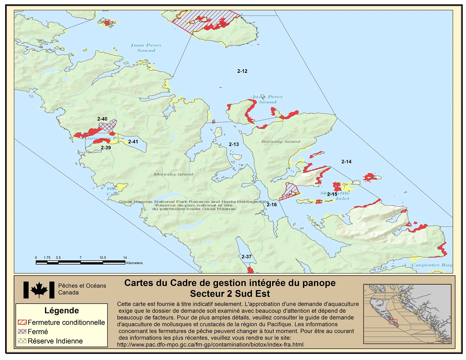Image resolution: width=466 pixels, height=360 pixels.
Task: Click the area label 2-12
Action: point(242,71)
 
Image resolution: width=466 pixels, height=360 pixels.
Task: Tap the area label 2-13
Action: point(234,144)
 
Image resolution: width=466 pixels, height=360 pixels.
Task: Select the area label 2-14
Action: point(346,162)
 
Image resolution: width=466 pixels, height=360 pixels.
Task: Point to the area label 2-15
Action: point(332,194)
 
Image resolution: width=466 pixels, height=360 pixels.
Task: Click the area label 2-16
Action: point(272,204)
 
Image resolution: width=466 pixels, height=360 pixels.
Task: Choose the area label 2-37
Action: point(246,257)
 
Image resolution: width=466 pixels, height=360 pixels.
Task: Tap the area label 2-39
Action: point(106,147)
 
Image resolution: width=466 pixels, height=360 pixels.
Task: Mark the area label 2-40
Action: point(102,119)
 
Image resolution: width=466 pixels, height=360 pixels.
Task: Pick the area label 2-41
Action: point(133,142)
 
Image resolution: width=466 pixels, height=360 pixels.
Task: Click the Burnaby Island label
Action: point(281,142)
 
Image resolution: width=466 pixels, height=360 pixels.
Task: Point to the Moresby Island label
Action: point(174,174)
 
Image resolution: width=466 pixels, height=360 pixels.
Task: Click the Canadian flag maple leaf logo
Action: point(39,290)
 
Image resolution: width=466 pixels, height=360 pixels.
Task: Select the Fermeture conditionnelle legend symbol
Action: point(22,322)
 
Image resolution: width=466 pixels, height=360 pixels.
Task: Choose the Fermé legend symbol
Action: point(22,332)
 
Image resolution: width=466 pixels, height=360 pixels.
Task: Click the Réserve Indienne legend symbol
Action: point(22,341)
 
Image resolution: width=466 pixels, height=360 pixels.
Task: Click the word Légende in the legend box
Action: point(62,311)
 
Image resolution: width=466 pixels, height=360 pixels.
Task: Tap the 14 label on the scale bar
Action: point(125,257)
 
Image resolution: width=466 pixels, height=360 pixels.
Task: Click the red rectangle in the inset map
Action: point(393,321)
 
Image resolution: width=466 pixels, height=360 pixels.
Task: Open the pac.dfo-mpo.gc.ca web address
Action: point(210,344)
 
